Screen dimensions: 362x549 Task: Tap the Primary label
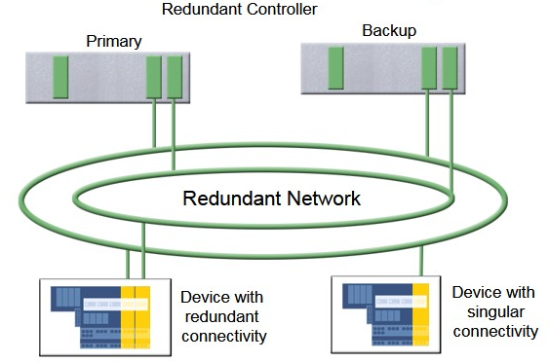point(113,41)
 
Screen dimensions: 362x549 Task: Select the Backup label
point(389,30)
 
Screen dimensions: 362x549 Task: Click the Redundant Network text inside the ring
point(272,199)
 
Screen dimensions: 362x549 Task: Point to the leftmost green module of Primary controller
point(59,77)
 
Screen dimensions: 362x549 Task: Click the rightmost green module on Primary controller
point(175,77)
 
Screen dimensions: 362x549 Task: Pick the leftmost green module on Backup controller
point(336,67)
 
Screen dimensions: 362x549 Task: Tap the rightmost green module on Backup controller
point(451,67)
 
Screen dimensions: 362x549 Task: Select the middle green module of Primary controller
point(154,77)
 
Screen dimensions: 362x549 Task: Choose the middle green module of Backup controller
point(429,67)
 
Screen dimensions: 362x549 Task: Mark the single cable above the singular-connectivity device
point(421,260)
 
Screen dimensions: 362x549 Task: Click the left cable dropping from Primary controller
point(154,122)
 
